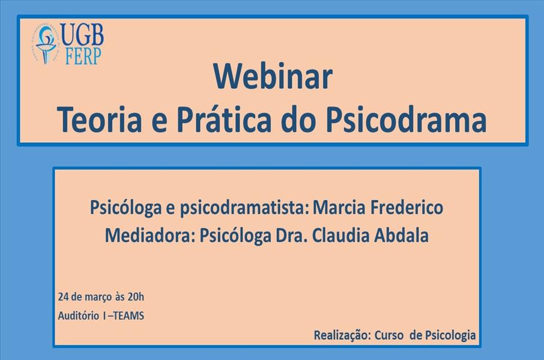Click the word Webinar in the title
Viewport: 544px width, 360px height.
pyautogui.click(x=273, y=77)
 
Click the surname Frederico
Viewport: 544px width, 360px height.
pyautogui.click(x=406, y=208)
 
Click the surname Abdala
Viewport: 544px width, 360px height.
pyautogui.click(x=402, y=235)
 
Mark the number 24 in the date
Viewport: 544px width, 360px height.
pyautogui.click(x=63, y=297)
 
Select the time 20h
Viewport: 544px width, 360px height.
pyautogui.click(x=136, y=297)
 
